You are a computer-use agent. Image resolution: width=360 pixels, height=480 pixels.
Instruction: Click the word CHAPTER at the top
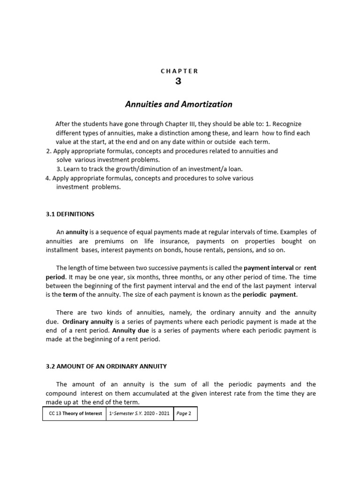coord(180,71)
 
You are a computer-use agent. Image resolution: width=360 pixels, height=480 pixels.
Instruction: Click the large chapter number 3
coord(178,81)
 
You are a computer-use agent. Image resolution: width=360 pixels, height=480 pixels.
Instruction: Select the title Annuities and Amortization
coord(179,104)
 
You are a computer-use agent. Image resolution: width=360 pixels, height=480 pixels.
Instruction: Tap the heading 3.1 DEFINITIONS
coord(70,214)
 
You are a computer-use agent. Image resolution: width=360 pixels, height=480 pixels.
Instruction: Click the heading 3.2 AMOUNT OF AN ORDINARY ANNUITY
coord(106,366)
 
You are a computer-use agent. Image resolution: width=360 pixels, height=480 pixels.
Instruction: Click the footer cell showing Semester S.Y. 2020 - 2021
coord(140,414)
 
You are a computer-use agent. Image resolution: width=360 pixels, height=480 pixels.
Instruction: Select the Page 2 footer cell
coord(184,414)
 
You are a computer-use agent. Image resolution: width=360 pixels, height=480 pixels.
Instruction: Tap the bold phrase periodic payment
coord(270,295)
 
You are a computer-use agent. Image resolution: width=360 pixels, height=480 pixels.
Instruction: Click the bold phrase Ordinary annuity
coord(88,322)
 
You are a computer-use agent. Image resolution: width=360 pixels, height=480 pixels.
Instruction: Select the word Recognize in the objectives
coord(287,124)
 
